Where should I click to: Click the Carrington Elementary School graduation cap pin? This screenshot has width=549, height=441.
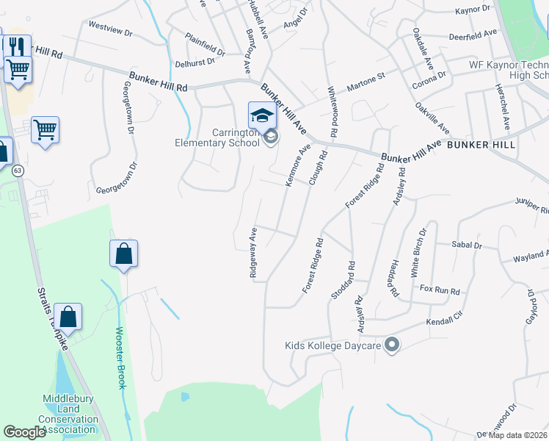click(x=262, y=116)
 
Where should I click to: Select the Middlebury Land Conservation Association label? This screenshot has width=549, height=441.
click(x=70, y=413)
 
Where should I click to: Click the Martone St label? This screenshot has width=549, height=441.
click(x=365, y=76)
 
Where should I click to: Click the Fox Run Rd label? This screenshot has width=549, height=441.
click(x=439, y=290)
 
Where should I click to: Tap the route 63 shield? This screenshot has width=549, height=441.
click(x=18, y=171)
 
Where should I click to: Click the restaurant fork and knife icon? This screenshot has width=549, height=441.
click(x=16, y=46)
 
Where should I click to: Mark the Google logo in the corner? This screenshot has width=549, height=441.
click(x=24, y=432)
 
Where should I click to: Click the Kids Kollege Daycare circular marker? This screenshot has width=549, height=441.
click(x=392, y=344)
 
